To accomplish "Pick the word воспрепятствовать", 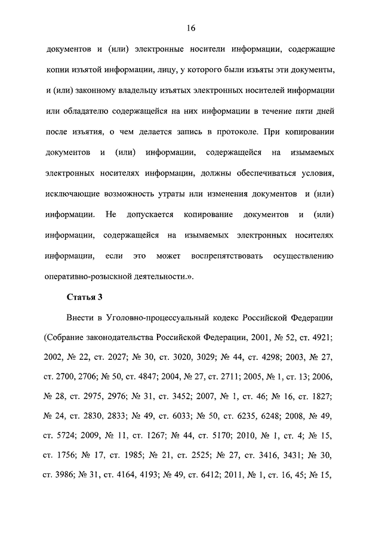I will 223,255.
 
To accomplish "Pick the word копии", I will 58,70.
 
